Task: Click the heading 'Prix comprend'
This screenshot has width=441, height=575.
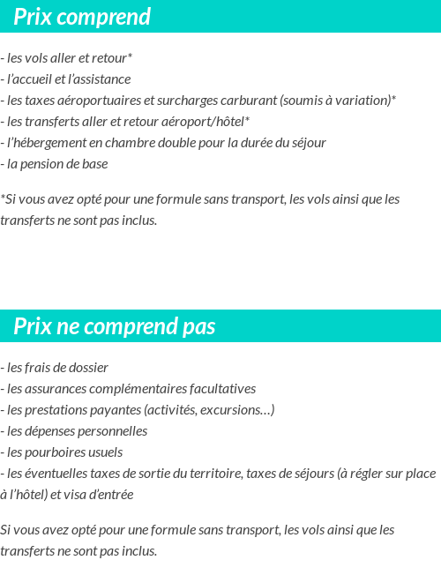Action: [82, 17]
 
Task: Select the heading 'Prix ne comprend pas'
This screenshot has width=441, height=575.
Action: [115, 327]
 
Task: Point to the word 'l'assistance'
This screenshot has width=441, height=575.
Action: [97, 79]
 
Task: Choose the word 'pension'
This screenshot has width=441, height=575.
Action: [48, 164]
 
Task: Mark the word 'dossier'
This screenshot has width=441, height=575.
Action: [88, 368]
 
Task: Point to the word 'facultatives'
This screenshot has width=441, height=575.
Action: [220, 389]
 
